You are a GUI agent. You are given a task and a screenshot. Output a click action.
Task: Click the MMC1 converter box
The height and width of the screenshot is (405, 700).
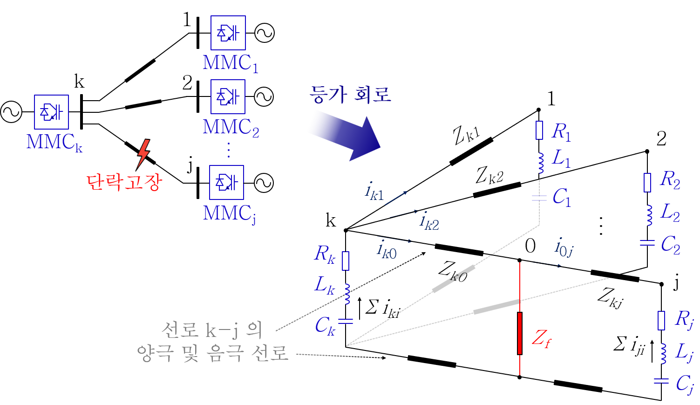point(228,33)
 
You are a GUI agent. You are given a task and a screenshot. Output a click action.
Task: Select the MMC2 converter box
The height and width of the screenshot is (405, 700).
point(228,96)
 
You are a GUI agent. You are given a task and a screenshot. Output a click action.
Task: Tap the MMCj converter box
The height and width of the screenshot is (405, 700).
point(227,182)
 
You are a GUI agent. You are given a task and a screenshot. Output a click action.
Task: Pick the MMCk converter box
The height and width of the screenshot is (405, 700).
point(51,112)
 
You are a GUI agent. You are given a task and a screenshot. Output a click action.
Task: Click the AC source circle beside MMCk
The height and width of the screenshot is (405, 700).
point(11,112)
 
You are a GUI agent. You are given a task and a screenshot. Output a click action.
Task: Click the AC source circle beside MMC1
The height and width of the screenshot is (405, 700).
point(265,33)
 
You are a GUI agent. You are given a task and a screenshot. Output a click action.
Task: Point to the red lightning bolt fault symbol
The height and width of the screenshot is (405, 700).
point(143,152)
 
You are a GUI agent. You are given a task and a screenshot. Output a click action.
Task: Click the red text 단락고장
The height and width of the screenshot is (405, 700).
point(124,182)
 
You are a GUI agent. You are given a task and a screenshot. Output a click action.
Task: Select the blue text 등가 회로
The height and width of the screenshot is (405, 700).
point(350,95)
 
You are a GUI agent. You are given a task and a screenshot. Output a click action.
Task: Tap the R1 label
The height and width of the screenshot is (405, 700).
point(561,132)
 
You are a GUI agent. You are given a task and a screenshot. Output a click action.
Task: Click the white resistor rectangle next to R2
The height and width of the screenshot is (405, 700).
point(647,183)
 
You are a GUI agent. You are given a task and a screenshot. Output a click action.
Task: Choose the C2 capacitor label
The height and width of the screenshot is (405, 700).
point(671,245)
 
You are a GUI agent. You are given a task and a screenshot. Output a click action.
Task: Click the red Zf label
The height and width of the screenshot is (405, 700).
point(541,338)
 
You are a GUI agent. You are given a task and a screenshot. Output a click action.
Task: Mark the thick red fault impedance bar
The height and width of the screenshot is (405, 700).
point(520,333)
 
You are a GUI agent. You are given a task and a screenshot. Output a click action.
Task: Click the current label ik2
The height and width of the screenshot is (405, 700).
point(429,221)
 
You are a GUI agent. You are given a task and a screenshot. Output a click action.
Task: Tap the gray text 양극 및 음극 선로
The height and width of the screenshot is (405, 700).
point(212,353)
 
